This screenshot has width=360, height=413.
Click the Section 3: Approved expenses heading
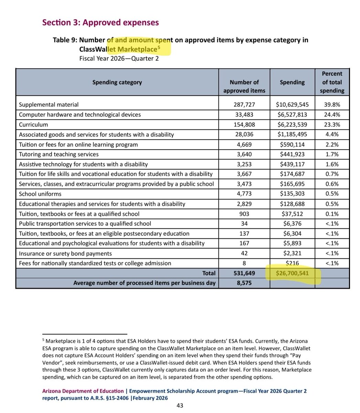click(x=100, y=23)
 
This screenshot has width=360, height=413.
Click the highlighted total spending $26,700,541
click(x=292, y=274)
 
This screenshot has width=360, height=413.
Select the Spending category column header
click(x=117, y=83)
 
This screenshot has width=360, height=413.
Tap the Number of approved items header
click(x=244, y=86)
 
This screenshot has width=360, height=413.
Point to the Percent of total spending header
click(x=332, y=83)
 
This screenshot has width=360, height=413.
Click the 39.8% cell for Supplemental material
click(x=332, y=105)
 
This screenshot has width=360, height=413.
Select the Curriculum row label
click(x=33, y=125)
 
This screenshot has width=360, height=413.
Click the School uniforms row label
click(x=40, y=194)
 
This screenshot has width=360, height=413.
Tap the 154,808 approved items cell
click(x=244, y=125)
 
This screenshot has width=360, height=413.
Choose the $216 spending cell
click(x=292, y=264)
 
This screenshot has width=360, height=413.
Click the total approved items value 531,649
click(x=244, y=274)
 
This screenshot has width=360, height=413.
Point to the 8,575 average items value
click(x=244, y=283)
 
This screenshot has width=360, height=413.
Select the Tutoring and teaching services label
click(x=59, y=155)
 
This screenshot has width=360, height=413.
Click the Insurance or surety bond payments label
click(x=65, y=254)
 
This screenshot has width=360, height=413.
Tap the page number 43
click(x=180, y=406)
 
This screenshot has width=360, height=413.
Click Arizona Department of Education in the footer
click(x=83, y=391)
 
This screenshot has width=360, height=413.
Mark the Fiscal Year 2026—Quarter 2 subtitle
click(x=119, y=58)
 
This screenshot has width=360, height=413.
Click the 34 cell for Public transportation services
click(x=244, y=224)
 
